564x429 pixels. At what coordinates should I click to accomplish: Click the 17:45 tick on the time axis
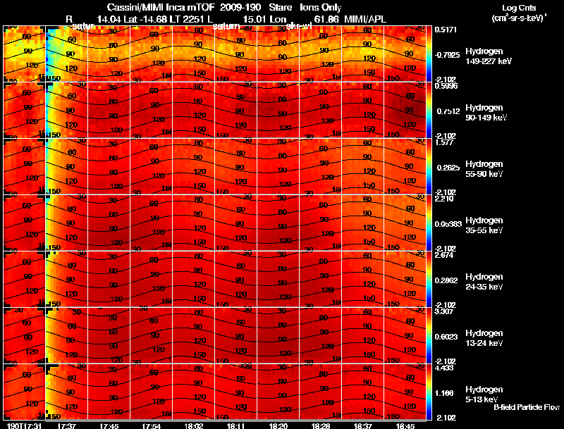click(x=109, y=425)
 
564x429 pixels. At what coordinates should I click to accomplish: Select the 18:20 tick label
click(x=278, y=425)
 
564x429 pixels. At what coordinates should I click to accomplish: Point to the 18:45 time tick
click(x=405, y=425)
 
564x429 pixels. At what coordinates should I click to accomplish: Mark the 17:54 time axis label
click(x=151, y=425)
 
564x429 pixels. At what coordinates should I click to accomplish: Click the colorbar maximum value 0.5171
click(x=446, y=30)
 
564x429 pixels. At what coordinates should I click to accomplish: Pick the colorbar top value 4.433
click(x=446, y=367)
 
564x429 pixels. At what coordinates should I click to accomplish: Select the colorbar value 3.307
click(x=446, y=311)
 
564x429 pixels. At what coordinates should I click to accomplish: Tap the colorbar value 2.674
click(x=446, y=254)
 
